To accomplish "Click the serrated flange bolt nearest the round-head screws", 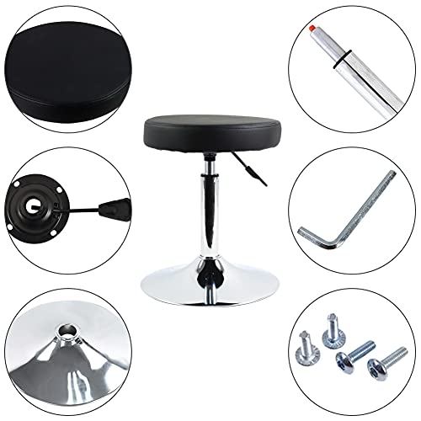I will pyautogui.click(x=331, y=325).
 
